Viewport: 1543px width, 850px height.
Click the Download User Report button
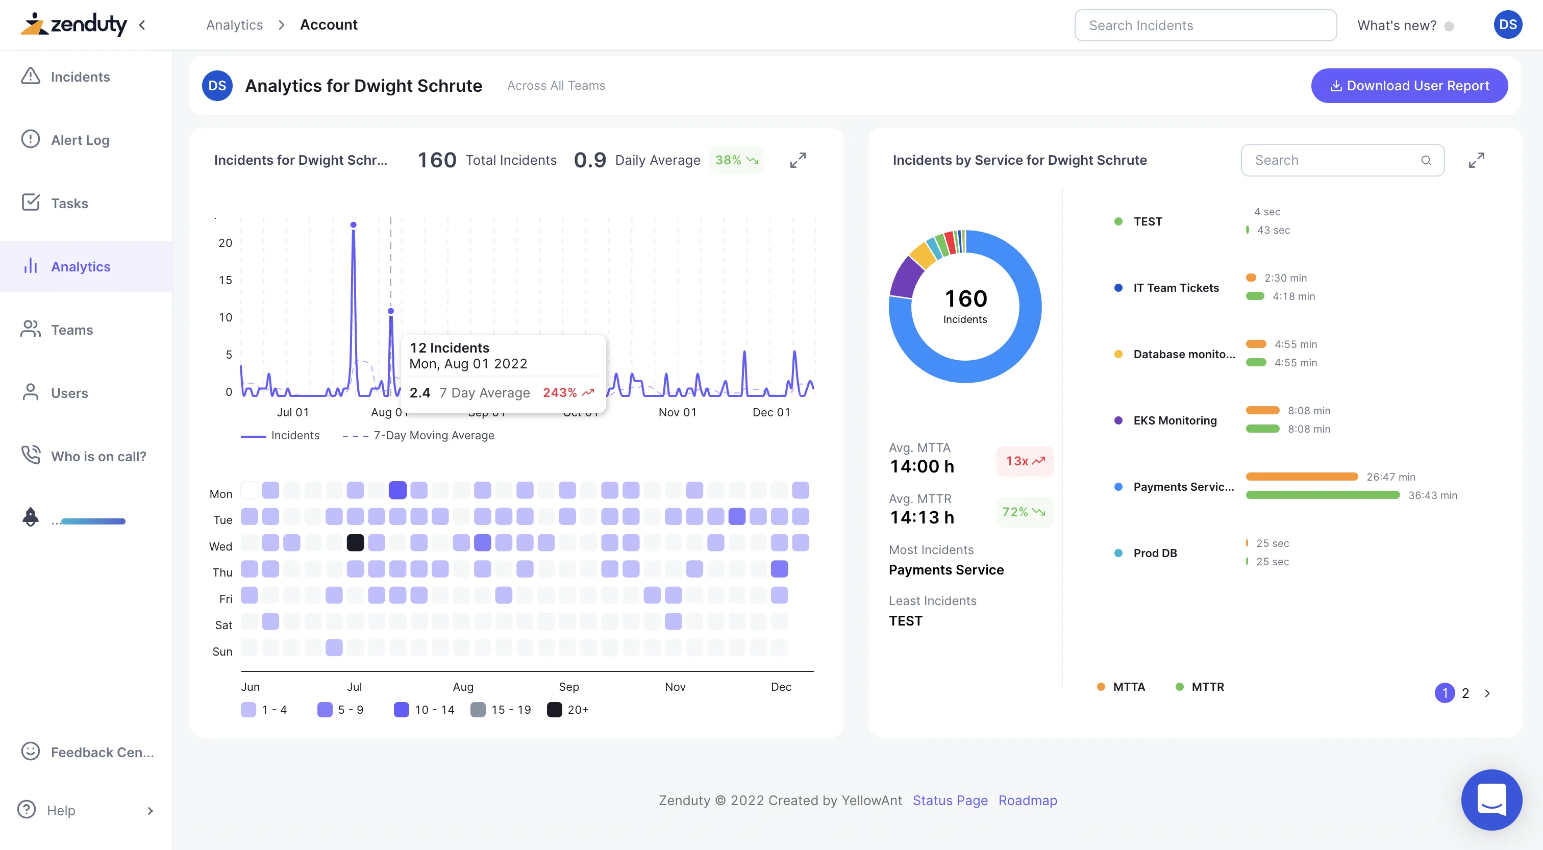pos(1409,86)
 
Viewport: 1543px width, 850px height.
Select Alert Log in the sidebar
pos(80,140)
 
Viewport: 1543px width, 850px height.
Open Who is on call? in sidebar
pos(98,457)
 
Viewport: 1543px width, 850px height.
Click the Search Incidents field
pos(1205,25)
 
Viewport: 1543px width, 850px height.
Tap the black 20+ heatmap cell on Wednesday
pos(355,543)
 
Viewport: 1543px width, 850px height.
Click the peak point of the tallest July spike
pos(354,225)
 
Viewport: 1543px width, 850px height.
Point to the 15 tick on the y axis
pos(225,280)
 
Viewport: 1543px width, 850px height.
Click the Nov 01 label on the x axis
pos(678,412)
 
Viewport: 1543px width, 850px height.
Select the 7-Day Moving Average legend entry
pos(433,436)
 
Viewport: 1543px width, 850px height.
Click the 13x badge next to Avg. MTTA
pos(1024,461)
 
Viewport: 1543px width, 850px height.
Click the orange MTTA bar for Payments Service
pos(1301,477)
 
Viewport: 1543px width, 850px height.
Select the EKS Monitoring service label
pos(1175,420)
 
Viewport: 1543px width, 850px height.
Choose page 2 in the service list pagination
pos(1465,693)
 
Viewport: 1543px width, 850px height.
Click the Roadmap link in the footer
pos(1027,801)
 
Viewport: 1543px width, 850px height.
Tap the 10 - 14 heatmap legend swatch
pos(402,710)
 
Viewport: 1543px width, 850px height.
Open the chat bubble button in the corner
pos(1491,799)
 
